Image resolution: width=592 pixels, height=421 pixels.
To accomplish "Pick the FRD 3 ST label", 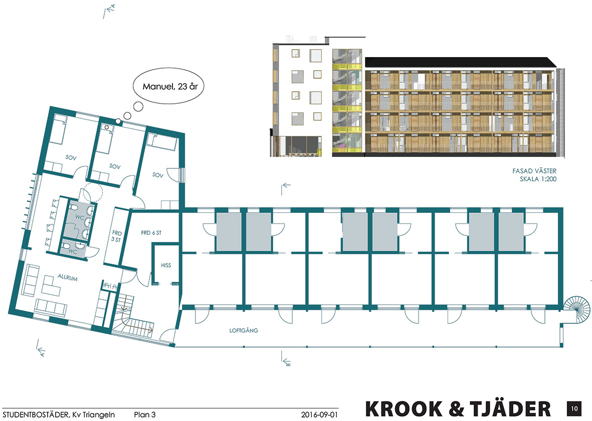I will point(117,236).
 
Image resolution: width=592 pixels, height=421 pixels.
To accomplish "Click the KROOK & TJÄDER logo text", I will point(458,408).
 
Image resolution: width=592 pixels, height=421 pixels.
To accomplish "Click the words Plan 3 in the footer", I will point(145,414).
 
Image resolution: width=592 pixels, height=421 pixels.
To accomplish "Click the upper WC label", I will point(79,217).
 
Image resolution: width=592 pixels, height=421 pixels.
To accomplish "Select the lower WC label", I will point(72,251).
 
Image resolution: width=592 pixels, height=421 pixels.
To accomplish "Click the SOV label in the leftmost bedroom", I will point(70,157).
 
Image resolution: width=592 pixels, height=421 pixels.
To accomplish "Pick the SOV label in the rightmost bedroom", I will point(158,175).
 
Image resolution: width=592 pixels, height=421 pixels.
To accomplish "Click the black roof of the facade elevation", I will point(459,62).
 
